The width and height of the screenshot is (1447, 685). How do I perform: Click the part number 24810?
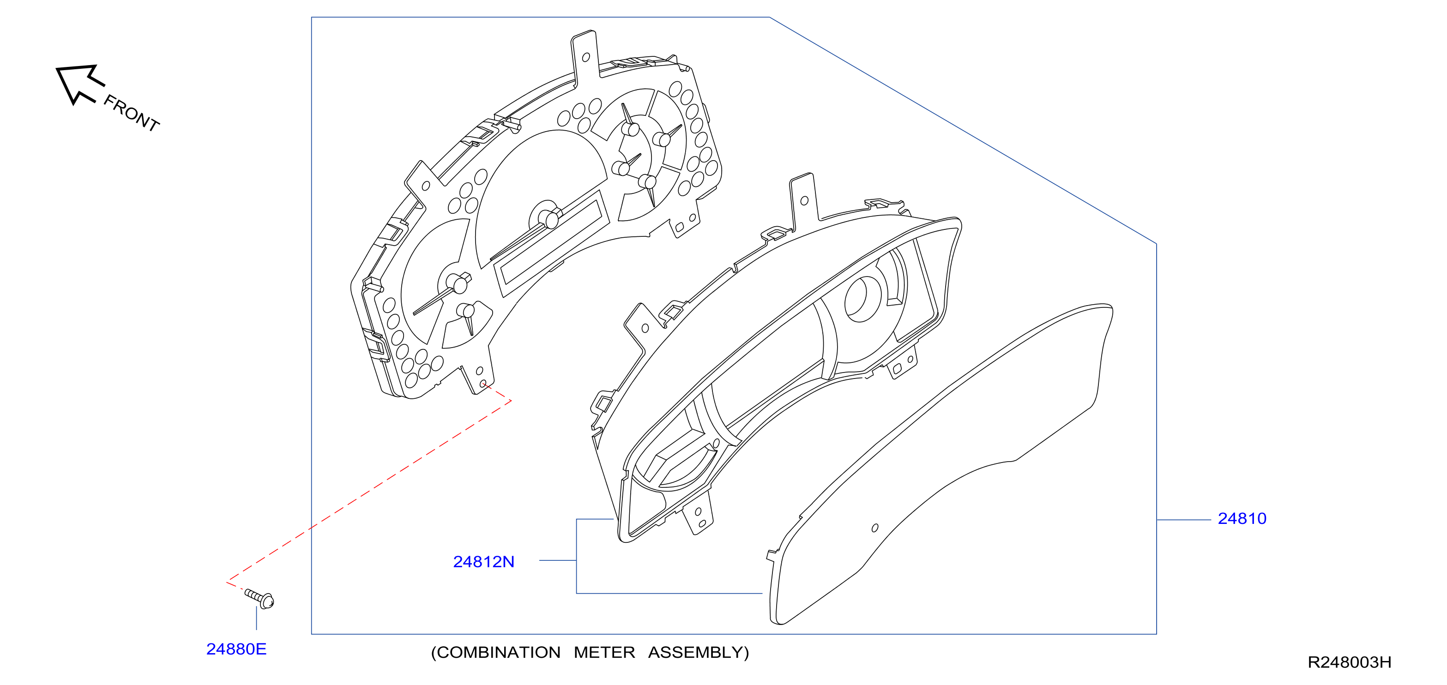coord(1242,519)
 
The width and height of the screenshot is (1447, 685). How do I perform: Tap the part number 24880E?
coord(236,649)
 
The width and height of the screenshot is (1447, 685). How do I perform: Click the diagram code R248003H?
coord(1349,662)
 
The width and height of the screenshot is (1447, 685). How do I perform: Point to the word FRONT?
coord(132,113)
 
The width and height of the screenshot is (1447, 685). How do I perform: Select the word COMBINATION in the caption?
coord(496,652)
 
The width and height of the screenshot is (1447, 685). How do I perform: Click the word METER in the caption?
coord(604,652)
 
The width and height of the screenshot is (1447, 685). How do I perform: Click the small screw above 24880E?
coord(259,598)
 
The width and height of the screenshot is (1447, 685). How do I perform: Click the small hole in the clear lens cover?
coord(874,528)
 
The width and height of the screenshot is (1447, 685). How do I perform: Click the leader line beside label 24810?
coord(1183,520)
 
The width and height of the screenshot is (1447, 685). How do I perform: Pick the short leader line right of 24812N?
coord(558,560)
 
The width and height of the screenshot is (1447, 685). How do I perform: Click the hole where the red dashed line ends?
coord(482,384)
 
